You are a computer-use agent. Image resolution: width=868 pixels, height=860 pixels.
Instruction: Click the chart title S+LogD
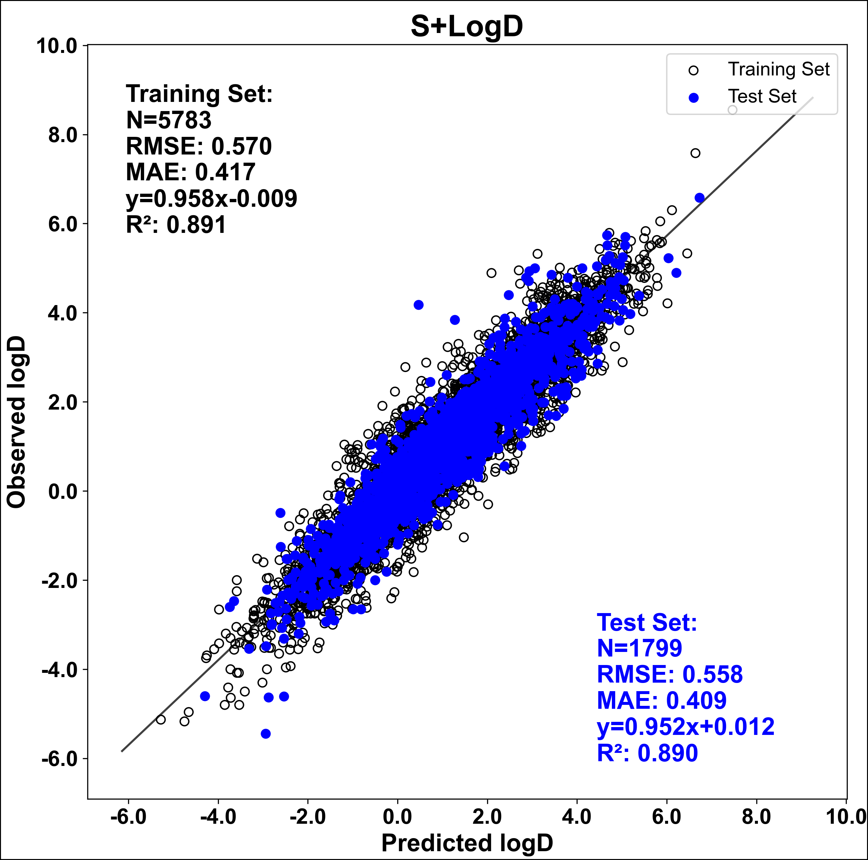pos(467,26)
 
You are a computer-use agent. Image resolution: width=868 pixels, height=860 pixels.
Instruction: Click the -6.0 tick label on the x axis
pos(128,817)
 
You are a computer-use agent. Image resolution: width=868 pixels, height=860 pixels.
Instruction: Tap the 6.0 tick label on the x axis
pos(667,817)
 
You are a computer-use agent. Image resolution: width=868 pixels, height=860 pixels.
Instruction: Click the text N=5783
pos(169,120)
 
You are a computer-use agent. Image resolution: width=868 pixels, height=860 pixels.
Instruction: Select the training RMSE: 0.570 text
pos(199,146)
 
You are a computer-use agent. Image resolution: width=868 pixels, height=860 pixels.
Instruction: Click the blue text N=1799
pos(639,648)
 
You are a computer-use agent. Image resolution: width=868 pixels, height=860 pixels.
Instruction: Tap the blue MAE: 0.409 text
pos(661,701)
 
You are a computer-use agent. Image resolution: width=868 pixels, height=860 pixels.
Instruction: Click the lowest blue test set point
pos(266,734)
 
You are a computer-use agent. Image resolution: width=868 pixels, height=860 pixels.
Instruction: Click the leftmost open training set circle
pos(160,720)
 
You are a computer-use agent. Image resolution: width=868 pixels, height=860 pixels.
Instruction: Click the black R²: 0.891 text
pos(176,224)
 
